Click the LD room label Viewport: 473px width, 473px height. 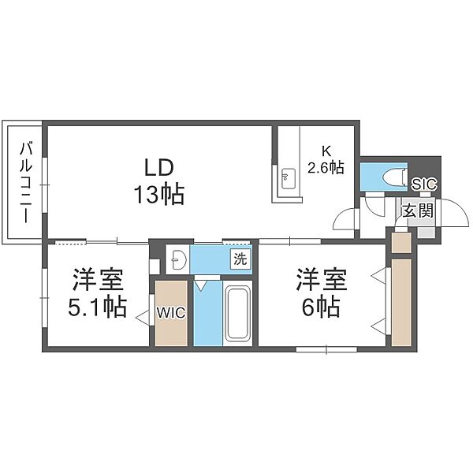pos(159,168)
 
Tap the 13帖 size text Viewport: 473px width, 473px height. pos(159,195)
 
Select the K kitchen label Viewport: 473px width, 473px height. pos(326,151)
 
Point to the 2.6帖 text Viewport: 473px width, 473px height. pos(326,167)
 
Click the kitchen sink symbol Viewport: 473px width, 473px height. pos(289,179)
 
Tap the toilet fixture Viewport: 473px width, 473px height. pos(394,177)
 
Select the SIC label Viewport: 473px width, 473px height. pos(424,184)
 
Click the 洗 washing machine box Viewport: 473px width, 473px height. pos(240,259)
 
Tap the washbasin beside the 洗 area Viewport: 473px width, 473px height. pos(177,259)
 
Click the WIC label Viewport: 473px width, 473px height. pos(171,313)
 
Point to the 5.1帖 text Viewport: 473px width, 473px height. pos(97,307)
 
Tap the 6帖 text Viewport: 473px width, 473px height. pos(322,307)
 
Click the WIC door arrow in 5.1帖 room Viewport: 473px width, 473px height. pos(143,318)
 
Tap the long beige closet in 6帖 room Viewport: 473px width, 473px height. pos(401,303)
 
